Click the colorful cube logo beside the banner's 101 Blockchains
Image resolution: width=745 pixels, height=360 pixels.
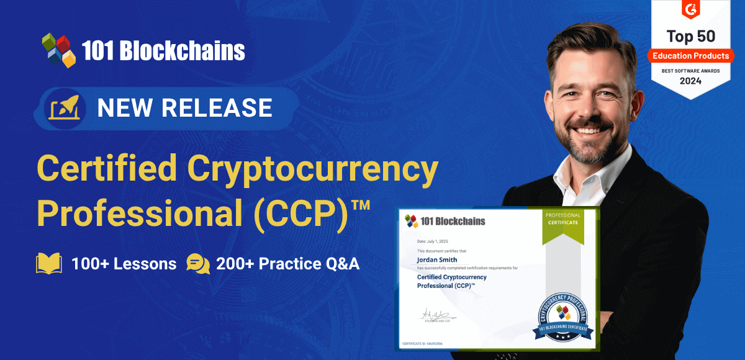(58, 50)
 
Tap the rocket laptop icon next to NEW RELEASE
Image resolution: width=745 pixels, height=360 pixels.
(64, 107)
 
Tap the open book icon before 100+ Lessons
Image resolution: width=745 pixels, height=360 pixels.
(49, 263)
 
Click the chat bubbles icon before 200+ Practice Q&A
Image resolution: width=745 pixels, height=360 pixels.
(198, 263)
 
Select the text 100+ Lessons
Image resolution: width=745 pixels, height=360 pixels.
(124, 263)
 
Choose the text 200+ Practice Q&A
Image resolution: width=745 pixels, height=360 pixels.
(287, 263)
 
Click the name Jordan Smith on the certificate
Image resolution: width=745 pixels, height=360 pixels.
(439, 259)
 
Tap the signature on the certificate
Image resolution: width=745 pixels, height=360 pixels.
(433, 315)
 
